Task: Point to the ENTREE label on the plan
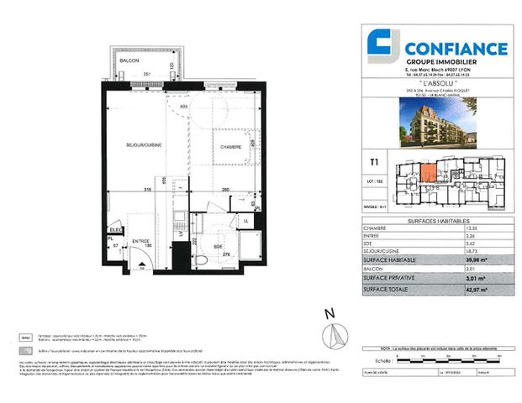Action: point(140,243)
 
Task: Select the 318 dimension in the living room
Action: point(147,191)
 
